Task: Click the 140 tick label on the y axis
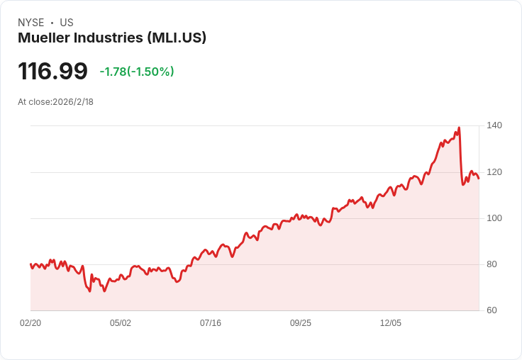494,125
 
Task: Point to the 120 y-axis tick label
494,172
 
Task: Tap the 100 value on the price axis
494,218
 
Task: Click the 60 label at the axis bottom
492,310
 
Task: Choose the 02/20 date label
30,323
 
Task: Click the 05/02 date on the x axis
121,323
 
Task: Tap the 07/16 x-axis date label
211,323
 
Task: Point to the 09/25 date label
301,323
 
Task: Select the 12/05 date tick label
391,323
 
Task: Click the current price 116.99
52,72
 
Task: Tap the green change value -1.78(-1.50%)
137,72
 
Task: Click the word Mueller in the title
43,38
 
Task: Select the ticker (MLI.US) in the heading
177,38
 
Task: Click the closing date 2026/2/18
73,102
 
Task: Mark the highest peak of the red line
459,128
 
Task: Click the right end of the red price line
479,178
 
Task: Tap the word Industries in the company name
109,38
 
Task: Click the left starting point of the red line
30,264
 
